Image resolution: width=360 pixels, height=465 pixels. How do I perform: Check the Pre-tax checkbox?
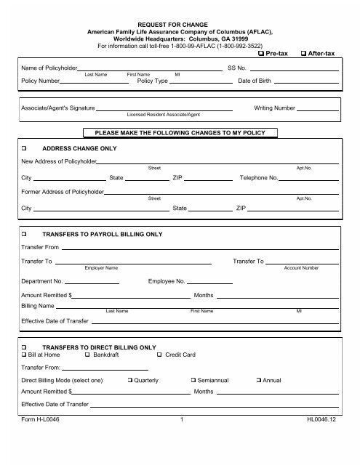point(262,54)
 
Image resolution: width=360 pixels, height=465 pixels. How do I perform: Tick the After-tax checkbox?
point(303,54)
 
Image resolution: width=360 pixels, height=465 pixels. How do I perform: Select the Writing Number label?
point(274,108)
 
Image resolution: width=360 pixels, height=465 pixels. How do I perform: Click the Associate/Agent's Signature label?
point(58,108)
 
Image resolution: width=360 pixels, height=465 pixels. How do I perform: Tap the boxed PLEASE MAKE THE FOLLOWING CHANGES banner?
point(180,132)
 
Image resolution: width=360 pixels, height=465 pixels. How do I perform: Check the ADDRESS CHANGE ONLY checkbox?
point(25,146)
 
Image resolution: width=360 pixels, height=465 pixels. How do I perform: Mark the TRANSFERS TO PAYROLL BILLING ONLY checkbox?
point(25,235)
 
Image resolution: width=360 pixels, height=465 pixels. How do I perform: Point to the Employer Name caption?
point(102,267)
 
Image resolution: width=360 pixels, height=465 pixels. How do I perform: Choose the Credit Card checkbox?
point(159,354)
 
